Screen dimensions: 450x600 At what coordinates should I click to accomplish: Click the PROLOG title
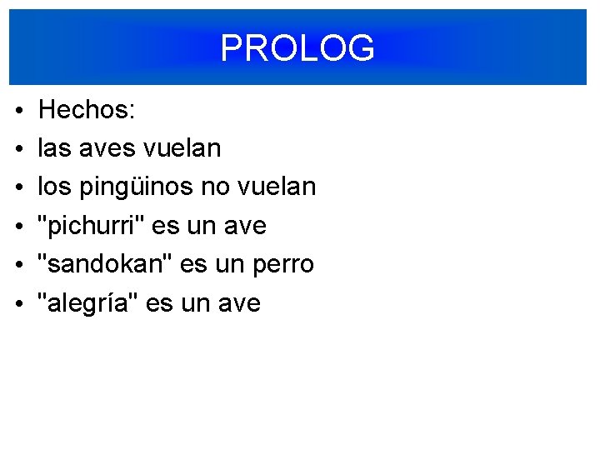pos(297,48)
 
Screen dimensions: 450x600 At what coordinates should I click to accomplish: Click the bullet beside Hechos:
pos(18,110)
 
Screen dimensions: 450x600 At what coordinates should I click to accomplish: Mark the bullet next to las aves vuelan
pos(18,149)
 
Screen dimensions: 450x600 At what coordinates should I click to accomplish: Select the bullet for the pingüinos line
pos(18,187)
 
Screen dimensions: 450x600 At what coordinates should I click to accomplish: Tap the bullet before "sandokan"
pos(18,265)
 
